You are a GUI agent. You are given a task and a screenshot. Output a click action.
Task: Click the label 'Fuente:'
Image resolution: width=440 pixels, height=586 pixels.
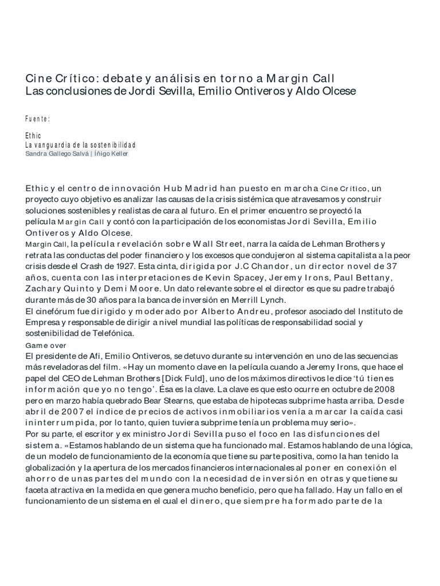pos(38,119)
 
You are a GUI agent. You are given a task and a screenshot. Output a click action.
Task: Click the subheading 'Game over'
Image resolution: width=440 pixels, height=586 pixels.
pos(46,345)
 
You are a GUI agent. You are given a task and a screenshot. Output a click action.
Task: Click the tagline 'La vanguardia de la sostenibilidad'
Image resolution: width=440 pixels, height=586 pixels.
pos(80,145)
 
